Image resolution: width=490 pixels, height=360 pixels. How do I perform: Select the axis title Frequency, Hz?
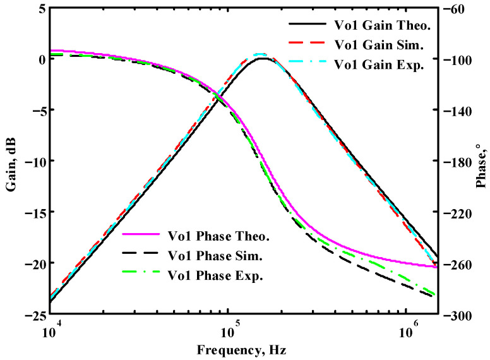tap(244, 349)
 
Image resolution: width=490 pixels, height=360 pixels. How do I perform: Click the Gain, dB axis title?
tap(9, 161)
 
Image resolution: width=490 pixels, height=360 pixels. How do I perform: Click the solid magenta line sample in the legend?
tap(142, 237)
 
